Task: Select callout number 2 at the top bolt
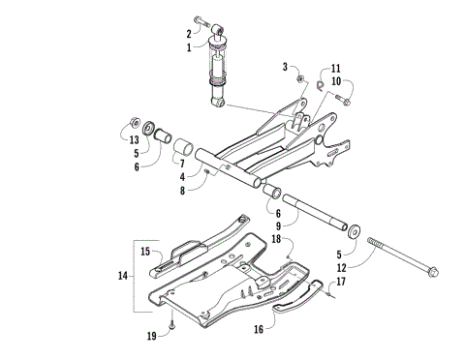coord(190,33)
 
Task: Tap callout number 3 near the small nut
coord(285,66)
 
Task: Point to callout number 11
coord(336,70)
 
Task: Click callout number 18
coord(275,237)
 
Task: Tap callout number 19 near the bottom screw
coord(152,335)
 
